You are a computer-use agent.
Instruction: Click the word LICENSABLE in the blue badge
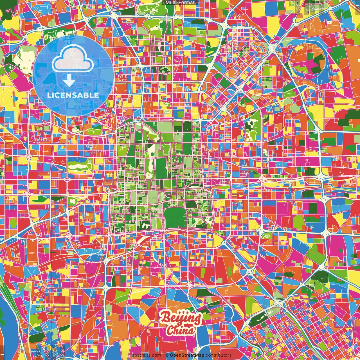coord(73,95)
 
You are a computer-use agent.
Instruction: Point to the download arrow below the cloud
coord(69,81)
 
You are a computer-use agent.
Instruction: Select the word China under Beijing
coord(180,330)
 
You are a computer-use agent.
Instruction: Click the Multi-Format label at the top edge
coord(180,3)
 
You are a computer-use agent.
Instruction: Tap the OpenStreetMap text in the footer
coord(187,355)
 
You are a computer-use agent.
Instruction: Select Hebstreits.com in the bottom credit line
coord(145,355)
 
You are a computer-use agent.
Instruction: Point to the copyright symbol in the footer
coord(167,355)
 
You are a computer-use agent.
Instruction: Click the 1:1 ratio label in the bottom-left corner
coord(3,353)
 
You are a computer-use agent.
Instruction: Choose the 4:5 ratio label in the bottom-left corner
coord(38,352)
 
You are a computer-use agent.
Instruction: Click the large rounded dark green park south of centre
coord(175,218)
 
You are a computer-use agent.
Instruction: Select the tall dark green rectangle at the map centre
coord(161,168)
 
